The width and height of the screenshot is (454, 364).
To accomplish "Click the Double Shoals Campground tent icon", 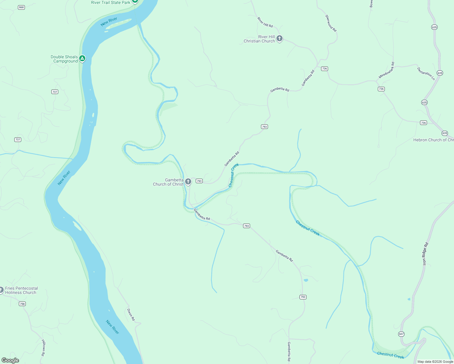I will tap(82, 58).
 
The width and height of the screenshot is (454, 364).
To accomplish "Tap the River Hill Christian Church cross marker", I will tap(280, 39).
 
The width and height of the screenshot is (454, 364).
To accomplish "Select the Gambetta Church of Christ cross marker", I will tap(188, 182).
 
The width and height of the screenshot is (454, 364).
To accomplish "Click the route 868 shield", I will tap(21, 7).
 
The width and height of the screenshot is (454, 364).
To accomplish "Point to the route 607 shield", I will tap(401, 334).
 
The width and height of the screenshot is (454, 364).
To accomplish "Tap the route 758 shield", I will tap(22, 304).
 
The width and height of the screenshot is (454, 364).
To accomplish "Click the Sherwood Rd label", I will tap(331, 23).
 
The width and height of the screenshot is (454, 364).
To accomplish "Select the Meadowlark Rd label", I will tap(387, 70).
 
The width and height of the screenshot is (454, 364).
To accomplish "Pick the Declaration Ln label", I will tap(426, 74).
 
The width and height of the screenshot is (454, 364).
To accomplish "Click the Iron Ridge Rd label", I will tap(425, 254).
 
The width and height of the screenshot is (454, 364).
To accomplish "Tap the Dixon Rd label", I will tap(131, 315).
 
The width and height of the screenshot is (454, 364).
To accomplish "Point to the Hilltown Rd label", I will tap(43, 348).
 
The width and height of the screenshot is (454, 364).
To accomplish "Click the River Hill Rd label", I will tap(265, 22).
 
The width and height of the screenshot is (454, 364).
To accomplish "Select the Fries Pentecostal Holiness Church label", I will tap(21, 290).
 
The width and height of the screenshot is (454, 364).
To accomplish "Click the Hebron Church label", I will tap(433, 140).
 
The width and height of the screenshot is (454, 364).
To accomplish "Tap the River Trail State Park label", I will tap(110, 2).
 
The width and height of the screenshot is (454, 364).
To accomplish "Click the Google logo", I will tap(10, 360).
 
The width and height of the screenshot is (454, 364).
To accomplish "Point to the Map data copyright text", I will tap(435, 362).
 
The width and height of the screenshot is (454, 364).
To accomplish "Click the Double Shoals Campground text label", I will tap(64, 59).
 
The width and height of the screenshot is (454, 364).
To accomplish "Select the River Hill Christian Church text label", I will tap(259, 39).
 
